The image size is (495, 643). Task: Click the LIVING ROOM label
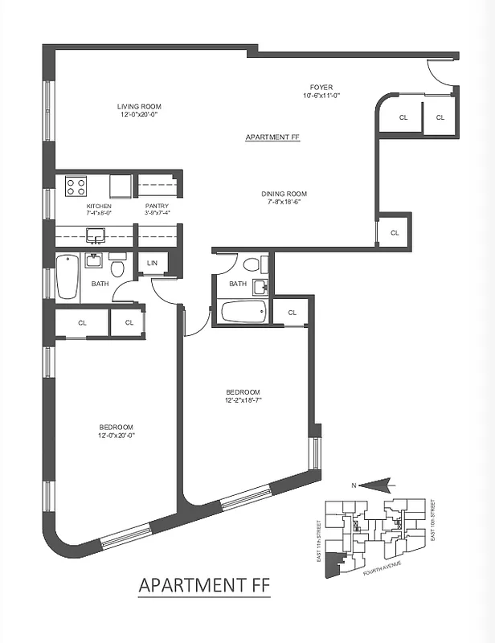click(x=136, y=105)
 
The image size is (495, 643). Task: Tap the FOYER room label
click(x=321, y=87)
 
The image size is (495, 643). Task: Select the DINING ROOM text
click(x=284, y=194)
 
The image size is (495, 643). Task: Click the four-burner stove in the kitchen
click(x=76, y=187)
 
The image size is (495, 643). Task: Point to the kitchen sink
click(x=96, y=235)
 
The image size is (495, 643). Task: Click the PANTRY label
click(x=156, y=206)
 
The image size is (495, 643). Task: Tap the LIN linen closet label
click(x=153, y=263)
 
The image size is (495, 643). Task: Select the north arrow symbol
click(x=374, y=484)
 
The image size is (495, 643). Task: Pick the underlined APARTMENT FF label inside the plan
click(x=272, y=137)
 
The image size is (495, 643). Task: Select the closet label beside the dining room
click(x=395, y=233)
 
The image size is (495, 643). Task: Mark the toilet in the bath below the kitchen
click(x=118, y=266)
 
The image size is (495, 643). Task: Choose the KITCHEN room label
click(x=98, y=206)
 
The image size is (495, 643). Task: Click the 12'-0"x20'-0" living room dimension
click(x=136, y=114)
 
